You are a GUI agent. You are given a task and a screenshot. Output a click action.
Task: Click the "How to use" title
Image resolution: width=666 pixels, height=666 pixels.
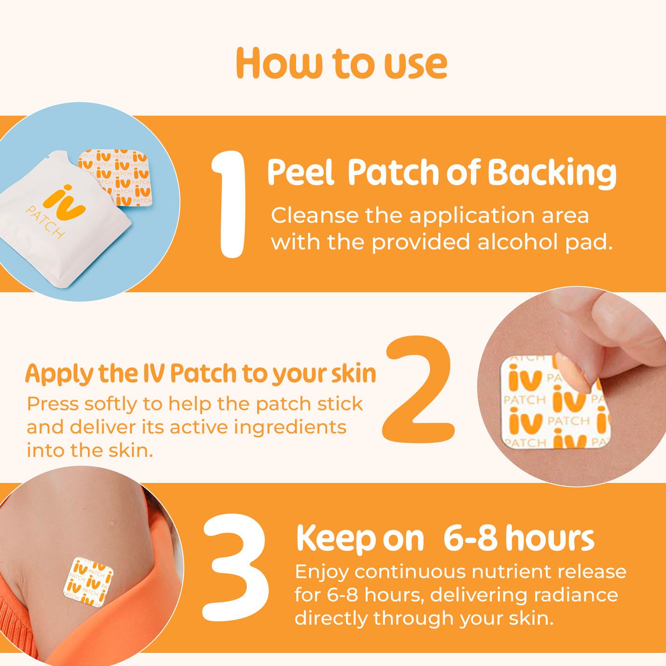341,64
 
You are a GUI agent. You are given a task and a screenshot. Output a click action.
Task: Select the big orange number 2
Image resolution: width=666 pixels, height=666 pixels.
418,389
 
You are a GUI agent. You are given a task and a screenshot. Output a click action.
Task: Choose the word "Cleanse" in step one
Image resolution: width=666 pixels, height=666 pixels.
314,215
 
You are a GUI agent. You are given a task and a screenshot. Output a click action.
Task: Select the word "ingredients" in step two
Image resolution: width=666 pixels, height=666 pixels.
290,427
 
